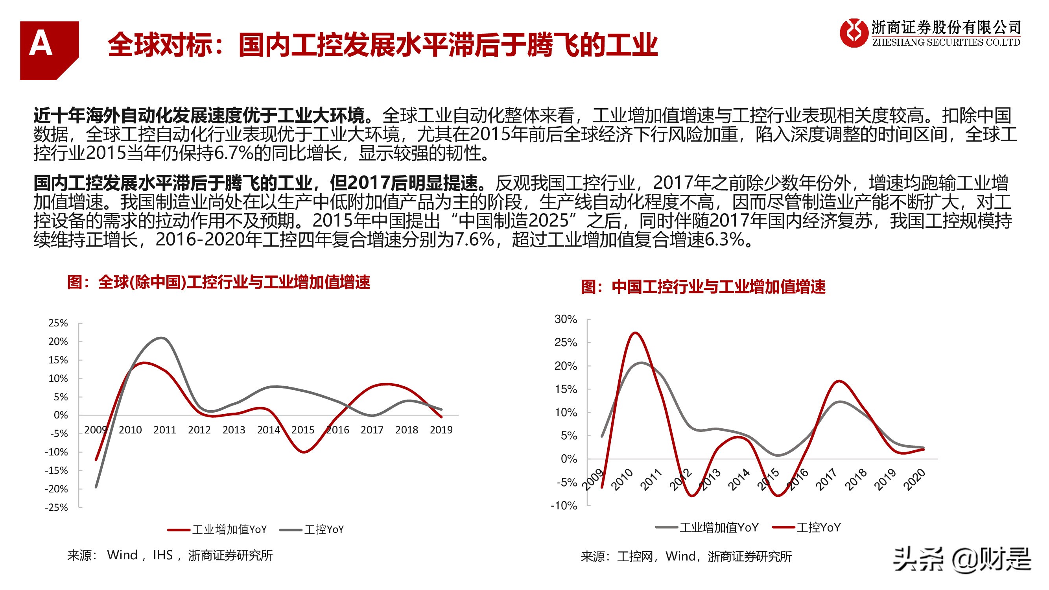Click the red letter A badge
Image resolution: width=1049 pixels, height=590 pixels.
click(49, 50)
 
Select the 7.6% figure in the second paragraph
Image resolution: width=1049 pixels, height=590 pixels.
click(474, 240)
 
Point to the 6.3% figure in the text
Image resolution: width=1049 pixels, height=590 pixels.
click(725, 240)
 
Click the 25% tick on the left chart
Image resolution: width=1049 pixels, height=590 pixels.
click(58, 323)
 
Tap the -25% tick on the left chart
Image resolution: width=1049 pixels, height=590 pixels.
click(57, 507)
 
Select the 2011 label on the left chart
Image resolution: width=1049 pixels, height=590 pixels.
click(164, 430)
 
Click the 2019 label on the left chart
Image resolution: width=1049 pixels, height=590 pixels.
click(441, 430)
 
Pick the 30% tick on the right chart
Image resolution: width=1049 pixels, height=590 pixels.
click(565, 319)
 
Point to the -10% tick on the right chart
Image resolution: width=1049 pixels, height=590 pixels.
click(564, 506)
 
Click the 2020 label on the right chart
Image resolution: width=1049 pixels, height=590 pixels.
click(914, 479)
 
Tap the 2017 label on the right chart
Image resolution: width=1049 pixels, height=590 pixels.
click(827, 479)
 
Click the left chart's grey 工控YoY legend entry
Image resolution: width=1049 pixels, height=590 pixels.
click(313, 530)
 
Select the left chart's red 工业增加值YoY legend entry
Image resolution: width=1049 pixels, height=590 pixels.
click(218, 530)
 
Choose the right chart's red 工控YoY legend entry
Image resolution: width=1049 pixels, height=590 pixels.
click(807, 528)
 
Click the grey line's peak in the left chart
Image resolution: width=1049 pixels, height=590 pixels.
click(162, 337)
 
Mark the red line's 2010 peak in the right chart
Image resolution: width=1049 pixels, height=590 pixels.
click(636, 333)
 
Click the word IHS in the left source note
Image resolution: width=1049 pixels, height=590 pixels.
click(163, 555)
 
